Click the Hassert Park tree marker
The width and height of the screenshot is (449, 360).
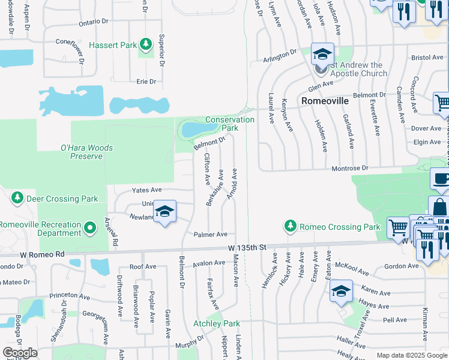click(x=145, y=44)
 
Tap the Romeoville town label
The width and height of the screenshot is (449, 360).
click(x=325, y=101)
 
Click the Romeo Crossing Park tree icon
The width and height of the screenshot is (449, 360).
click(x=291, y=226)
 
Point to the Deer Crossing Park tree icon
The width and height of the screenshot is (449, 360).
click(x=17, y=198)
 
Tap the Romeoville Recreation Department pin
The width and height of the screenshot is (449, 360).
click(x=90, y=227)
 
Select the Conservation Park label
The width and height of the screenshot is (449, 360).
click(x=230, y=124)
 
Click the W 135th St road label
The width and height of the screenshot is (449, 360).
click(x=247, y=248)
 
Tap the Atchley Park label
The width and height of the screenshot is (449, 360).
click(x=216, y=323)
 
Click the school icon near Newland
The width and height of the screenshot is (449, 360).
click(x=165, y=212)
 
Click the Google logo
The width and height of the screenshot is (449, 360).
click(x=20, y=353)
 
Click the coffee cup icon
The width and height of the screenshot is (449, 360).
click(x=440, y=179)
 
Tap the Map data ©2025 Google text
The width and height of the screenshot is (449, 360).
click(x=411, y=355)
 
